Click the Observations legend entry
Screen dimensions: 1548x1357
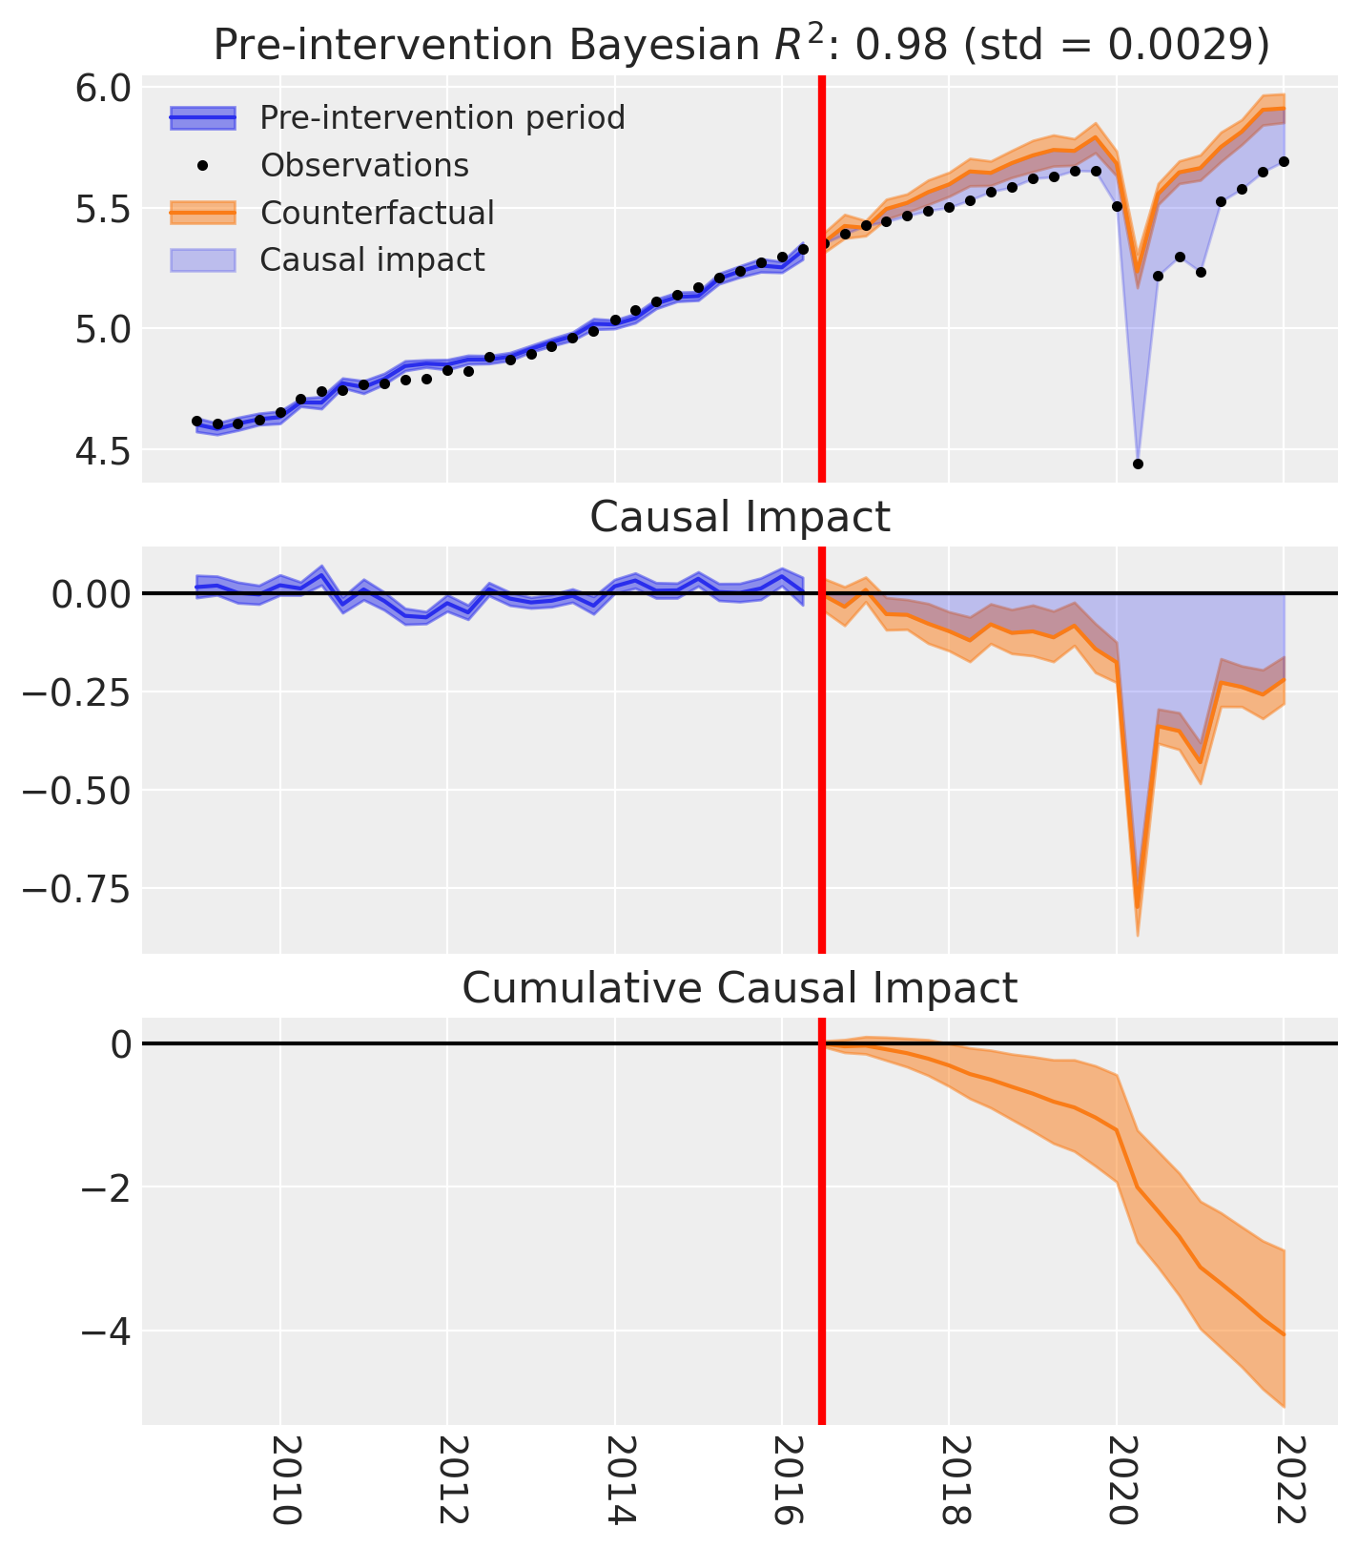364,166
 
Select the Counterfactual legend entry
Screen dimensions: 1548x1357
377,213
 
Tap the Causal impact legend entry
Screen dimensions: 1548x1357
372,259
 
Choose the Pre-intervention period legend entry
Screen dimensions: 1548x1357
442,118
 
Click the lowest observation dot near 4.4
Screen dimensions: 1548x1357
1138,464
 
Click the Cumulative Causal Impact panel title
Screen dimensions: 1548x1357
740,988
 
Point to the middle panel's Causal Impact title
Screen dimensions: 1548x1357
740,517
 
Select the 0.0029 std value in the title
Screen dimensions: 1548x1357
1192,45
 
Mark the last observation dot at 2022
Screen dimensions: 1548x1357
1284,161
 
